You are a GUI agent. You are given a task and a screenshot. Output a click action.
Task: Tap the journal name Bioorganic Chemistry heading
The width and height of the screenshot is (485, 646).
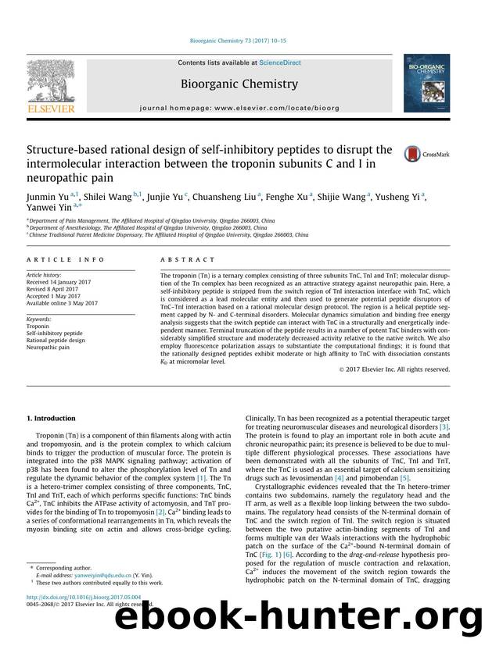point(239,83)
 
